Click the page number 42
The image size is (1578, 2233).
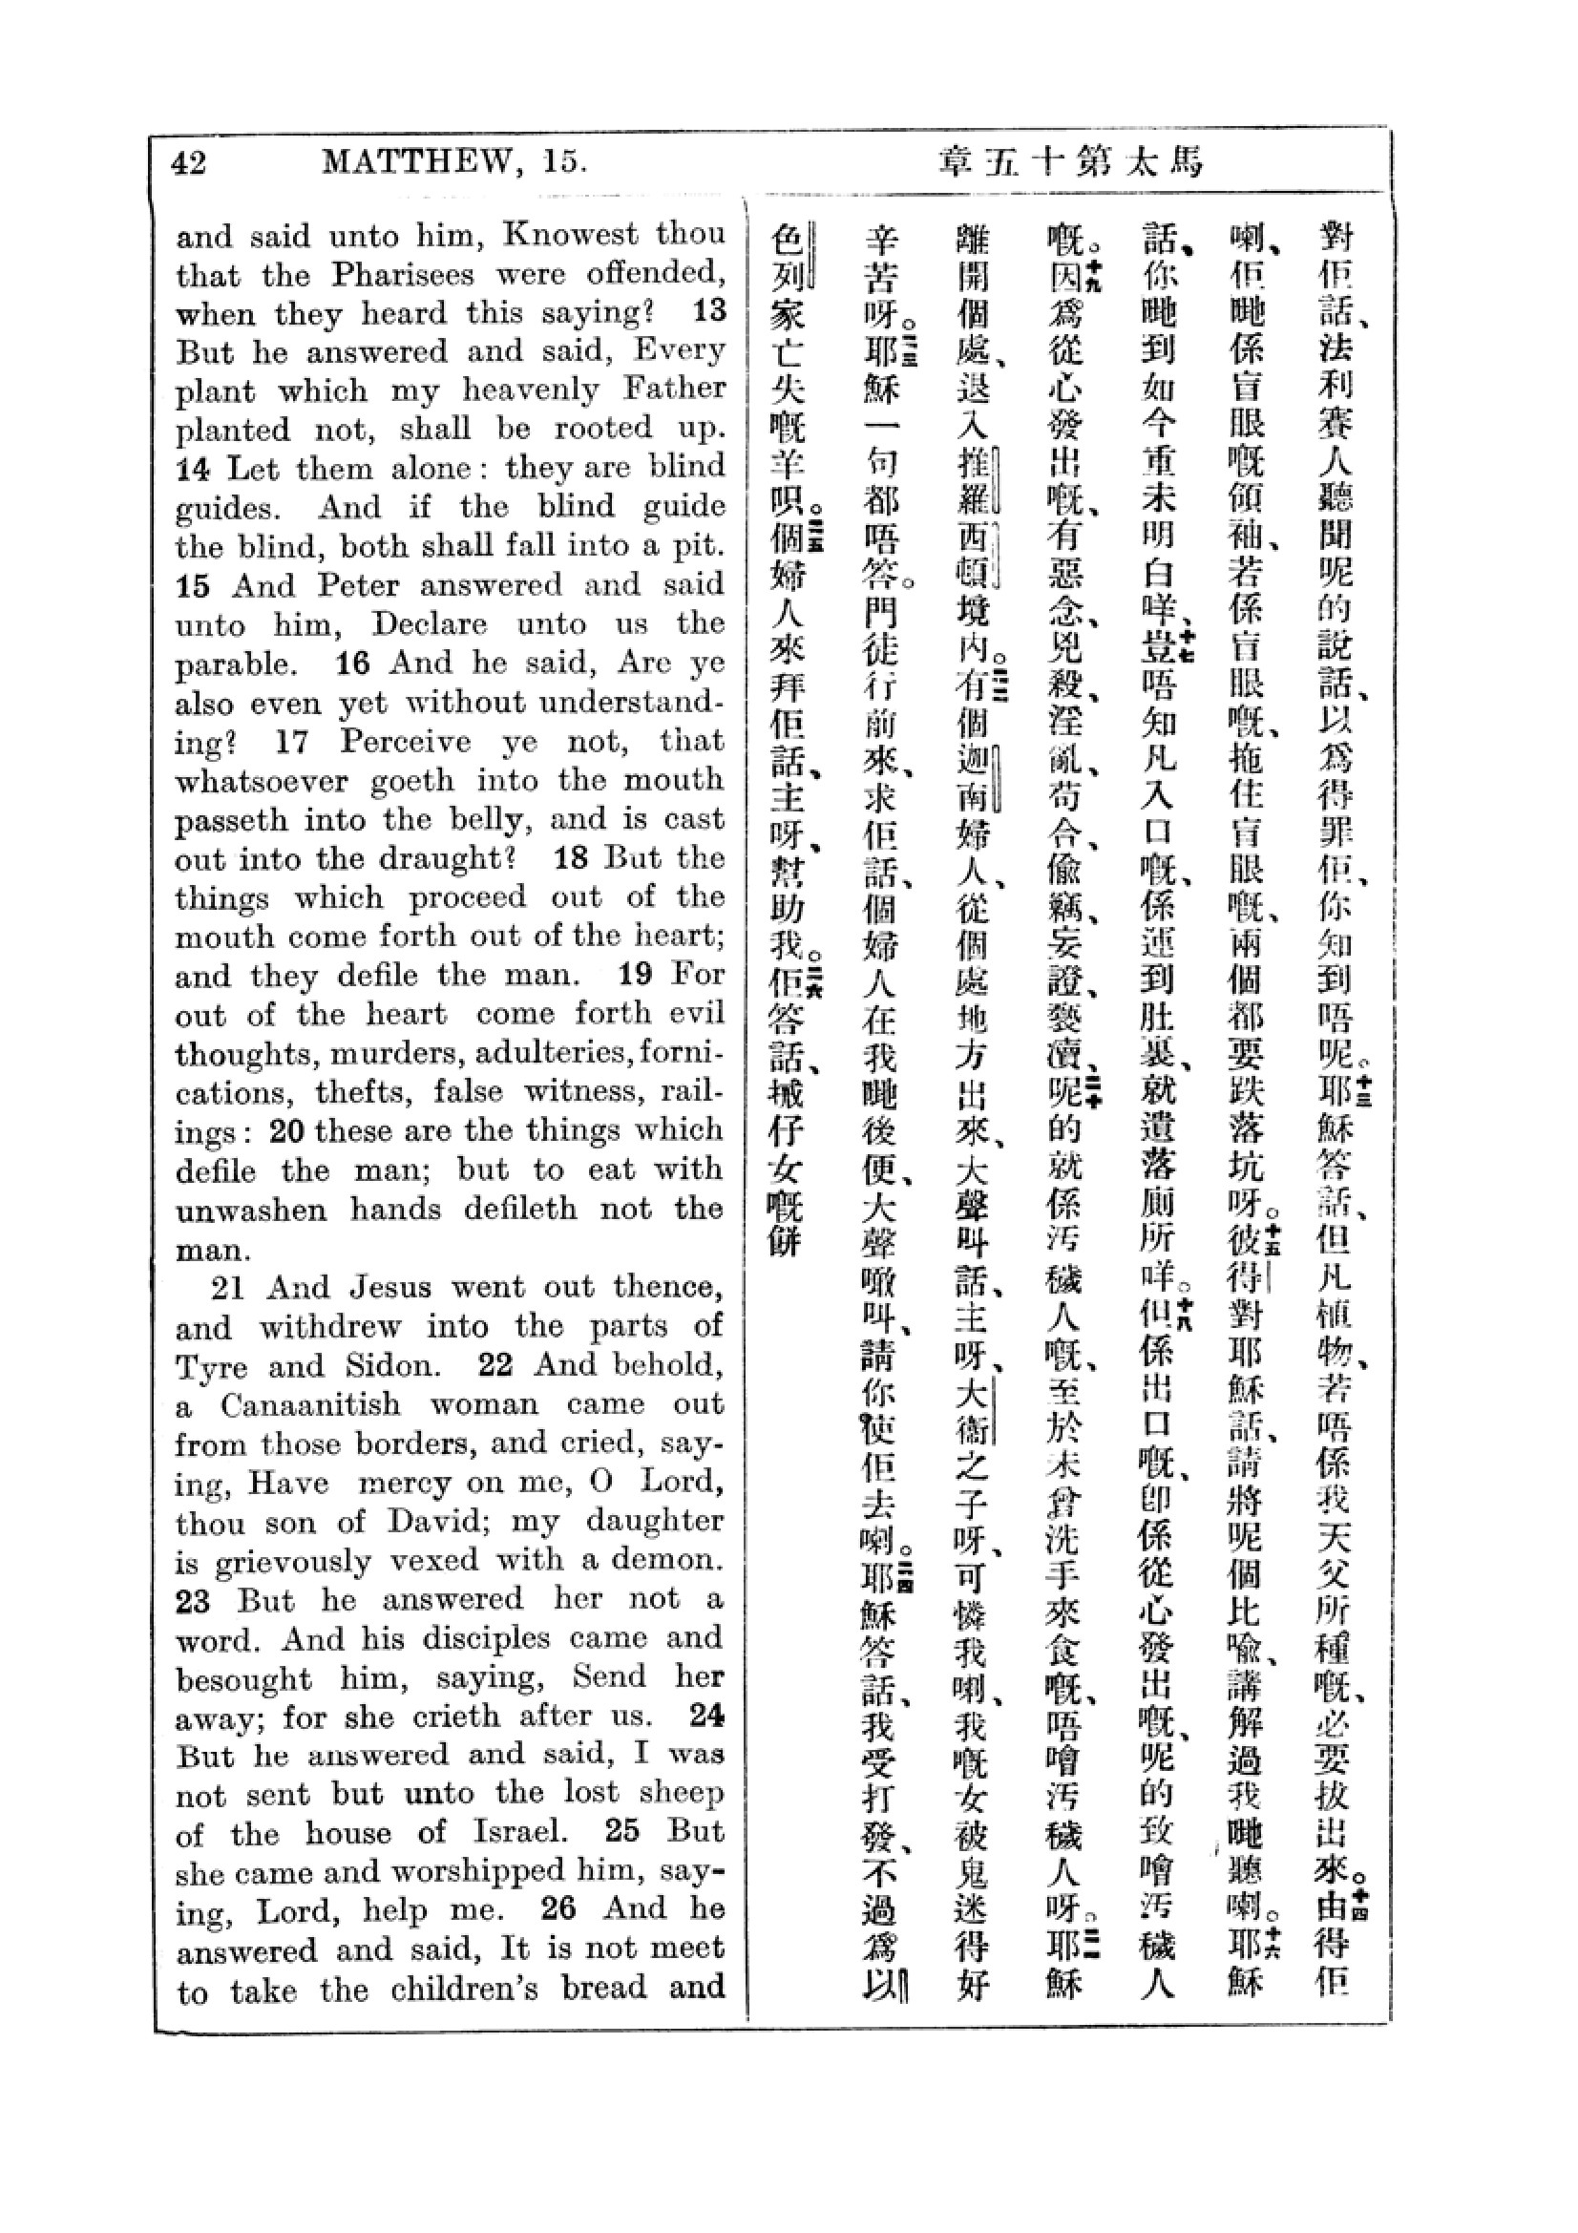[189, 161]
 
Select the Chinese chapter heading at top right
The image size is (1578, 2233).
[1069, 161]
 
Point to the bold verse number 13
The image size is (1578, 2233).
[708, 312]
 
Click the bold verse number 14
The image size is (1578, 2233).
[193, 470]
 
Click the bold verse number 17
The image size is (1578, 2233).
[291, 742]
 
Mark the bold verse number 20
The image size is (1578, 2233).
[287, 1131]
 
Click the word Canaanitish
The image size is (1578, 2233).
[310, 1405]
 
